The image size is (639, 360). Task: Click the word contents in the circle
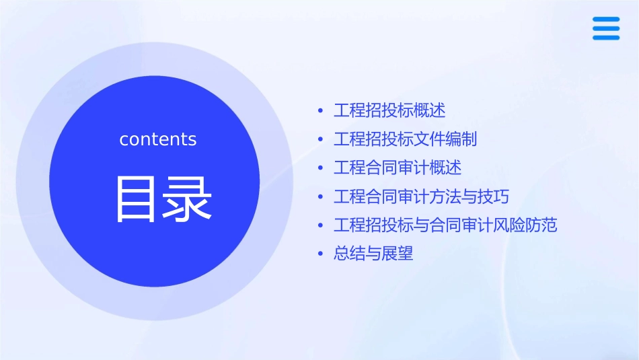pyautogui.click(x=158, y=139)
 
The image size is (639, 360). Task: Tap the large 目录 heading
pyautogui.click(x=164, y=199)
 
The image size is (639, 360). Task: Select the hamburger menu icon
pyautogui.click(x=606, y=28)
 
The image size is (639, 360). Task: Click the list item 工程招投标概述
pyautogui.click(x=389, y=110)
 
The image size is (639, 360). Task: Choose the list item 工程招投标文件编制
pyautogui.click(x=405, y=139)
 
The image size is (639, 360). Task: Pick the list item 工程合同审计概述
pyautogui.click(x=398, y=168)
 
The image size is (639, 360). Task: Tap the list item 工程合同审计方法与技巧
pyautogui.click(x=421, y=196)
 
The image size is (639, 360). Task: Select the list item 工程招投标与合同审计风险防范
pyautogui.click(x=445, y=225)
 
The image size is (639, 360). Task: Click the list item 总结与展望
pyautogui.click(x=373, y=254)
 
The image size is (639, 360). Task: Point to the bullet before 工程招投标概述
pyautogui.click(x=320, y=111)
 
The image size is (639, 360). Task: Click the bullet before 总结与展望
pyautogui.click(x=320, y=254)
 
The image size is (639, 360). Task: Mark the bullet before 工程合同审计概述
pyautogui.click(x=320, y=168)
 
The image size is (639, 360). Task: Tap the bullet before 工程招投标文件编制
pyautogui.click(x=320, y=140)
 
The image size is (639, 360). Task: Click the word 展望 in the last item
pyautogui.click(x=398, y=254)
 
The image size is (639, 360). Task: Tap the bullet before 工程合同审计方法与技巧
pyautogui.click(x=320, y=197)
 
